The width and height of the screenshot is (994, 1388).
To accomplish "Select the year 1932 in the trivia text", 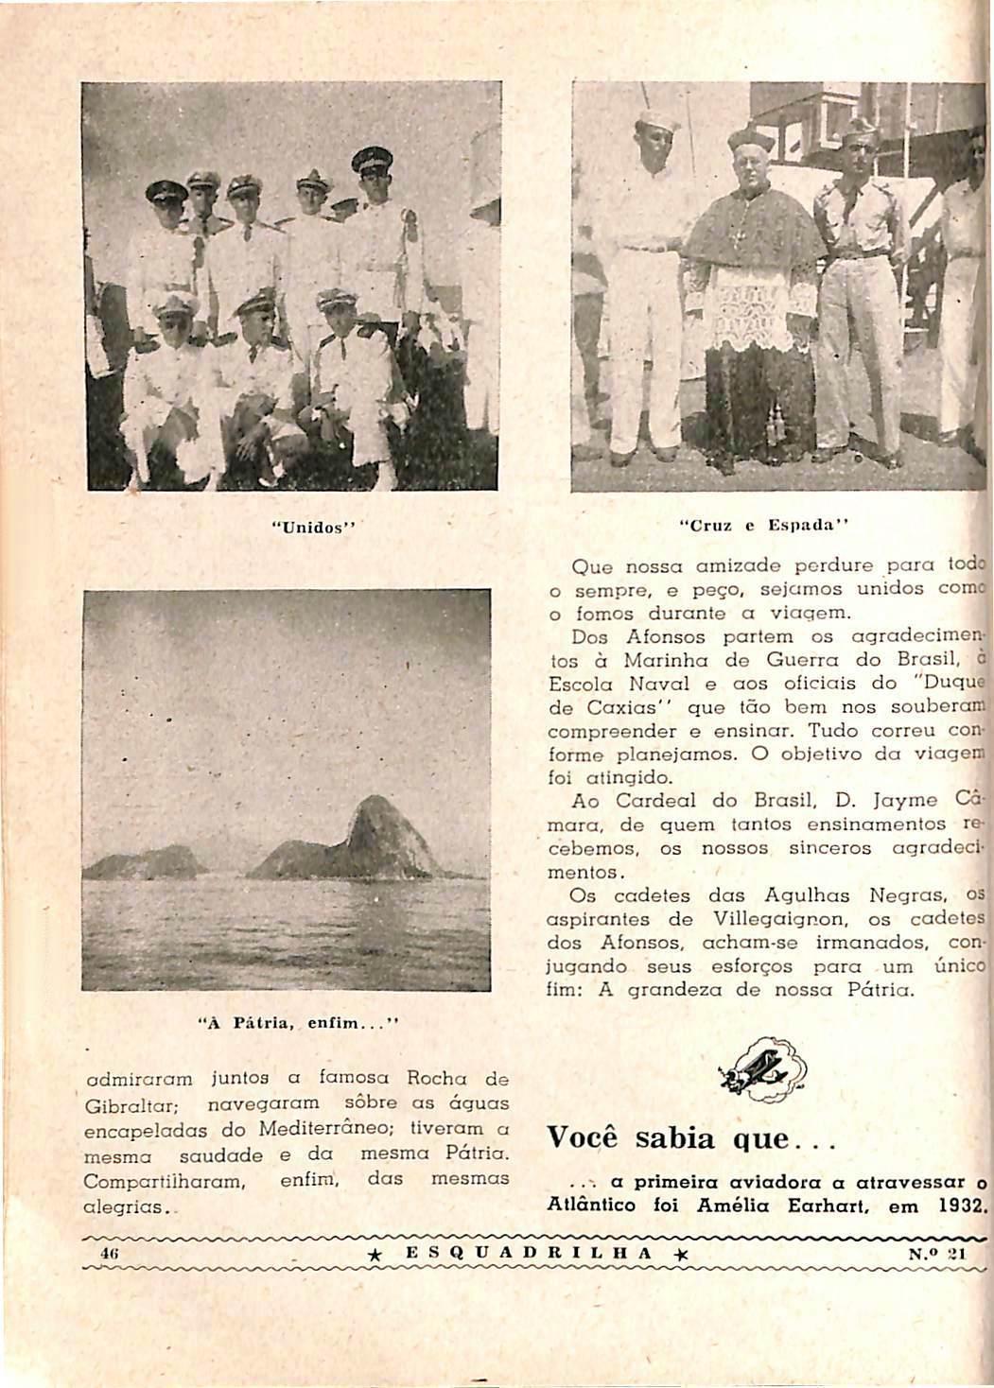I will (964, 1206).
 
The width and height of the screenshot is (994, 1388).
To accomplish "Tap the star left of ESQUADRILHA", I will (376, 1254).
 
